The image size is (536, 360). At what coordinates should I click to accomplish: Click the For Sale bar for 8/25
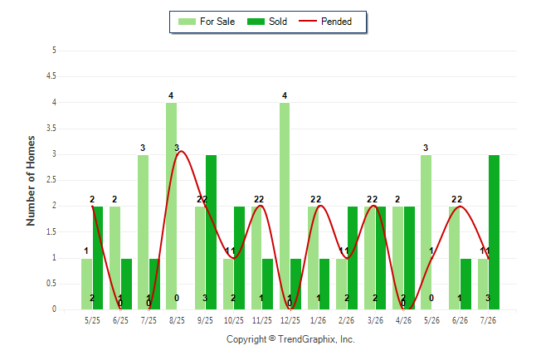pyautogui.click(x=171, y=207)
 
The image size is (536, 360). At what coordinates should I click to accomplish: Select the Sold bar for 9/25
pyautogui.click(x=211, y=232)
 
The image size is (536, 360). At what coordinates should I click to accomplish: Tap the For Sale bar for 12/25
pyautogui.click(x=285, y=207)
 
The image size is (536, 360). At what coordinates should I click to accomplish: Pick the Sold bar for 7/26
pyautogui.click(x=494, y=232)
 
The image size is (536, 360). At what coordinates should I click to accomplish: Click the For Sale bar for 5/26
pyautogui.click(x=426, y=232)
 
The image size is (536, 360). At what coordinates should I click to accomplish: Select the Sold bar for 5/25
pyautogui.click(x=98, y=258)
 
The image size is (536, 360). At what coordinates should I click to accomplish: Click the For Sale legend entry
pyautogui.click(x=207, y=22)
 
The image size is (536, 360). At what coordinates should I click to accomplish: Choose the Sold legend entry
pyautogui.click(x=267, y=22)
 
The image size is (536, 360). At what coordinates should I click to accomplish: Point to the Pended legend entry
pyautogui.click(x=325, y=22)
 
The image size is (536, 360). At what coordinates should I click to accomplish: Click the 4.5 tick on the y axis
pyautogui.click(x=51, y=75)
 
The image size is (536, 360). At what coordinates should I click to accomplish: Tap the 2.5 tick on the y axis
pyautogui.click(x=51, y=180)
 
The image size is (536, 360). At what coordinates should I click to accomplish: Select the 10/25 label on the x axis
pyautogui.click(x=234, y=320)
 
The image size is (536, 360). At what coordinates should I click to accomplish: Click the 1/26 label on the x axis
pyautogui.click(x=319, y=320)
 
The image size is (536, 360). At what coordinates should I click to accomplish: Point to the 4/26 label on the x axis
pyautogui.click(x=403, y=320)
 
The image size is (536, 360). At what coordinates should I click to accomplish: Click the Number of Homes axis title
pyautogui.click(x=31, y=181)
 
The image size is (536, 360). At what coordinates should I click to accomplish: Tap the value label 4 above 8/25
pyautogui.click(x=171, y=95)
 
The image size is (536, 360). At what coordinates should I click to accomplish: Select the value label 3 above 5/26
pyautogui.click(x=426, y=148)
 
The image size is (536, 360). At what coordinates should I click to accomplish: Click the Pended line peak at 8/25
pyautogui.click(x=182, y=151)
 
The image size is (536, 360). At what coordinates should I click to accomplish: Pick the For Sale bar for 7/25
pyautogui.click(x=144, y=232)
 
